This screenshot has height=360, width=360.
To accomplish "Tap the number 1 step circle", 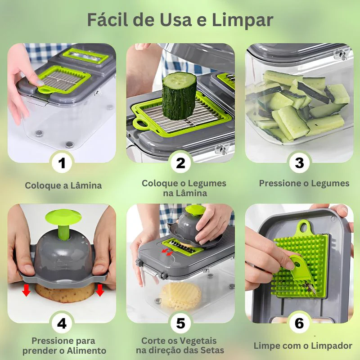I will click(62, 163).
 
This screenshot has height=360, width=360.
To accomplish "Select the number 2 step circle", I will click(180, 163).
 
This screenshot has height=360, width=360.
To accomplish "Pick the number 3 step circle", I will click(299, 163).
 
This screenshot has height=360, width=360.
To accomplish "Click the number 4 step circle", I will click(62, 324).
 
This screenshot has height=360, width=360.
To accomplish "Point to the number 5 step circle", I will click(180, 324).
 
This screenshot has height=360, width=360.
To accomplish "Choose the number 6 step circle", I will click(299, 324).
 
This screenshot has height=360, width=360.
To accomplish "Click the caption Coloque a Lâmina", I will click(63, 185).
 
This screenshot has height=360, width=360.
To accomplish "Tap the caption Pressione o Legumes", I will click(304, 183).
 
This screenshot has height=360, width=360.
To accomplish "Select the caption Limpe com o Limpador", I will click(303, 346).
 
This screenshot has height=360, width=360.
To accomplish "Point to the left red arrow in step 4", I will click(27, 290).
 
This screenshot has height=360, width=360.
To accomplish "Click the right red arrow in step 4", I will click(99, 290).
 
